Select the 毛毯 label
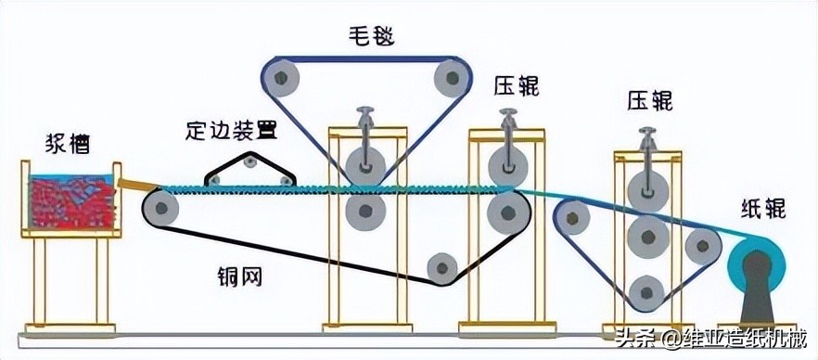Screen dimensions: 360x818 tap(363, 36)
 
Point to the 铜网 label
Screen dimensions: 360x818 tap(233, 276)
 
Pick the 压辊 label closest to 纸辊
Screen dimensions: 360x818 tap(650, 100)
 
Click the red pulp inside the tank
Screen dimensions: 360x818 tap(70, 199)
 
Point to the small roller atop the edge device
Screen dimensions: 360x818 tap(249, 163)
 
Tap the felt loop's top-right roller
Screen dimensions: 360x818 tap(448, 75)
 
